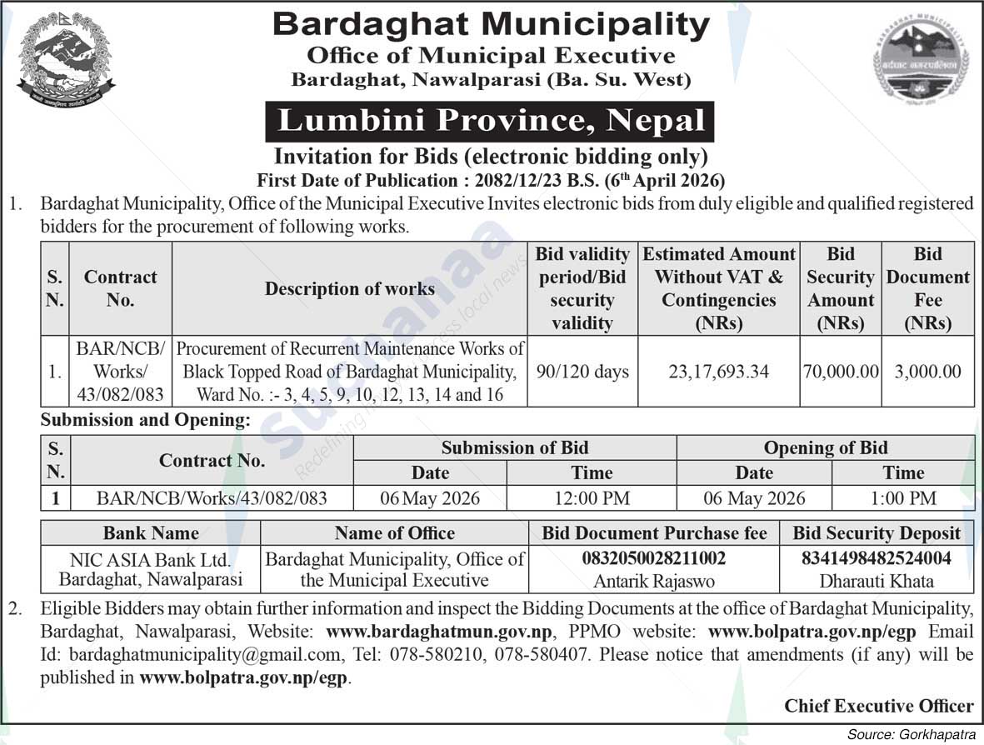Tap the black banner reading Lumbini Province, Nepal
490,121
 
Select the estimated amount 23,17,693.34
718,372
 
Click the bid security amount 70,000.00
841,372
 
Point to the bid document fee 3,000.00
927,372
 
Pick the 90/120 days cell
583,372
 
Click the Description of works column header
350,289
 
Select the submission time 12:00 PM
592,498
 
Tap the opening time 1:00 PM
904,498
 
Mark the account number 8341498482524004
877,558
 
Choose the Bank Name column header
151,533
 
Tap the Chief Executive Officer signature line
878,706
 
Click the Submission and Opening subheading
145,421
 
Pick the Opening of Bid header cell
825,448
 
